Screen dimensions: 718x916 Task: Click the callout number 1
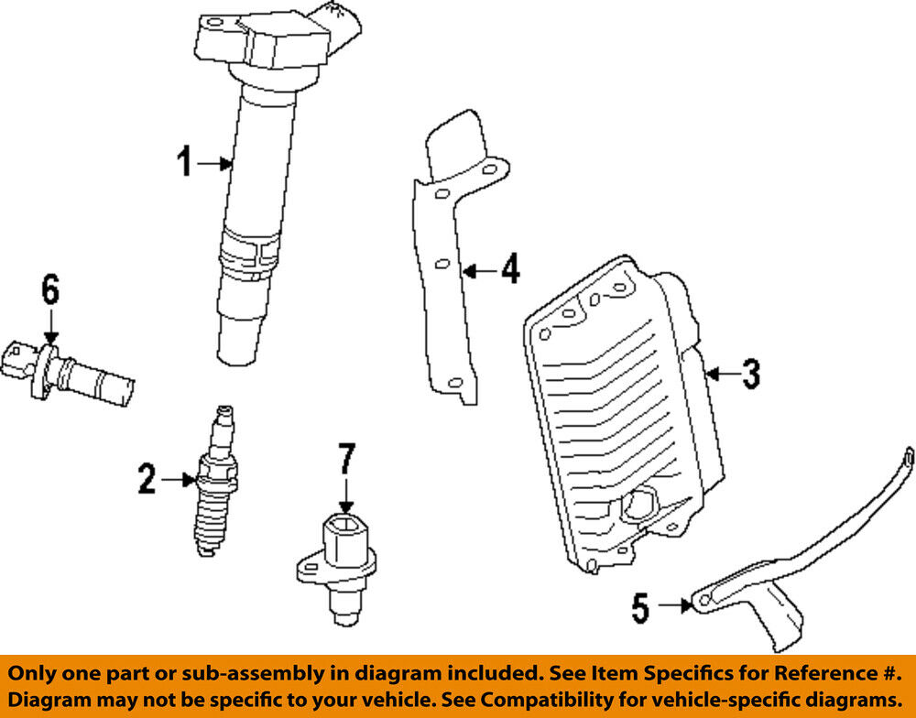coord(185,163)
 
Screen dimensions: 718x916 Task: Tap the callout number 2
coord(147,478)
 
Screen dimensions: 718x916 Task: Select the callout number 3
coord(750,373)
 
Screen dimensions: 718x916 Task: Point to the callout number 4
coord(509,269)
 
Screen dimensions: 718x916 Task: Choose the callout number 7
coord(345,460)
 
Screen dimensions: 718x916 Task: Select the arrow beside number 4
coord(478,270)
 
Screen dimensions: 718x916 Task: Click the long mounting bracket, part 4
coord(449,256)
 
